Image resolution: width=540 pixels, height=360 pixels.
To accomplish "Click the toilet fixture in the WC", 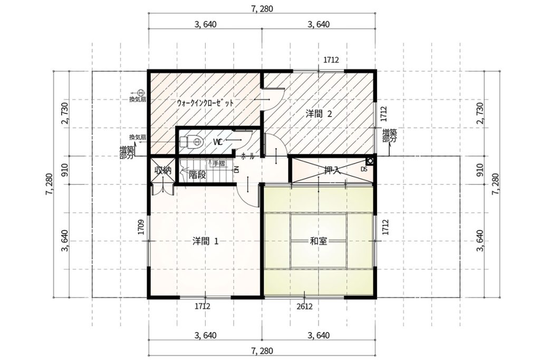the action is click(191, 141).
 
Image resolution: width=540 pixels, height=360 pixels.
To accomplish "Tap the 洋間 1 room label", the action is click(205, 241).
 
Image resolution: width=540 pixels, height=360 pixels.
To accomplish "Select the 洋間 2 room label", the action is click(319, 114).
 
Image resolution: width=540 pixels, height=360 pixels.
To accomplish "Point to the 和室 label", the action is click(318, 241).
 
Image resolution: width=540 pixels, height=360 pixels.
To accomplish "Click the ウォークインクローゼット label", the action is click(206, 103).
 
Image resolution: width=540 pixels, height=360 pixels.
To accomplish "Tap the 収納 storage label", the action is click(162, 170).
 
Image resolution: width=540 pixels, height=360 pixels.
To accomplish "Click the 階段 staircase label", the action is click(197, 175).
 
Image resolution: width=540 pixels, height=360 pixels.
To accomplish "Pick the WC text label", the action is click(218, 142).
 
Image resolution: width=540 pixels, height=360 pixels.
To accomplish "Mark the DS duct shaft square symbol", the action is click(370, 160).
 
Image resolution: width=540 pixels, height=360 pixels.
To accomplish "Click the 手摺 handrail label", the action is click(219, 164).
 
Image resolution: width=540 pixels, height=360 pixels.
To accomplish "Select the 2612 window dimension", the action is click(304, 306).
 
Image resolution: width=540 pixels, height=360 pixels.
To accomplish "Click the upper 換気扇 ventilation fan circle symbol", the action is click(141, 93).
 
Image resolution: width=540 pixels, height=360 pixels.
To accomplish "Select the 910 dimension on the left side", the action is click(66, 170).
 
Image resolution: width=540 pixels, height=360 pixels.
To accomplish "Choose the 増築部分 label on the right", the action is click(389, 135).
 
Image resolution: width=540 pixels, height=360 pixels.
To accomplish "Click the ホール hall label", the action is click(248, 156).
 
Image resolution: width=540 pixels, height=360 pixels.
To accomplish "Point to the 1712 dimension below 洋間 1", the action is click(202, 306).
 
